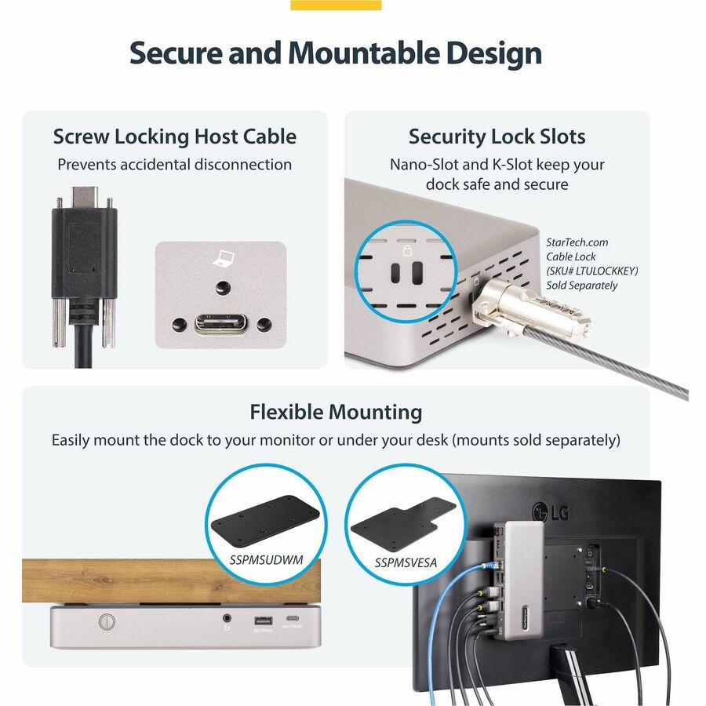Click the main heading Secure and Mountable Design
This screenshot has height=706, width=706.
[x=336, y=54]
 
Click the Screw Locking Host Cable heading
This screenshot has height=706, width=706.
[x=175, y=136]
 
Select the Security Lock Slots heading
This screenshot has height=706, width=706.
[x=497, y=136]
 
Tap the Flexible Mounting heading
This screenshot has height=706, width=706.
[x=336, y=412]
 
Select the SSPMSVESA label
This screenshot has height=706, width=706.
[x=406, y=563]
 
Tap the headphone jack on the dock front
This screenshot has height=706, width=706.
[x=227, y=620]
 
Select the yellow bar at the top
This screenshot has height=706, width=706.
[x=336, y=5]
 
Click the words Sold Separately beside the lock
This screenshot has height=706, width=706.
[x=582, y=286]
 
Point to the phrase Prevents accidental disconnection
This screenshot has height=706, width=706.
[x=175, y=165]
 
